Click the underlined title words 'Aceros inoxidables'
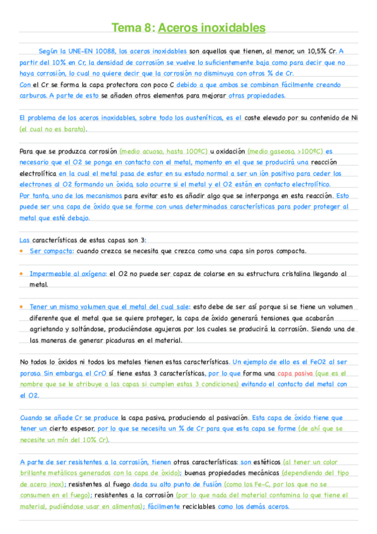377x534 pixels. point(211,28)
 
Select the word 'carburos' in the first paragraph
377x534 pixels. point(33,96)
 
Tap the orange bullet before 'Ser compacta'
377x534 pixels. point(22,251)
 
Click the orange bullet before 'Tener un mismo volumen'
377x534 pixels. point(22,307)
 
